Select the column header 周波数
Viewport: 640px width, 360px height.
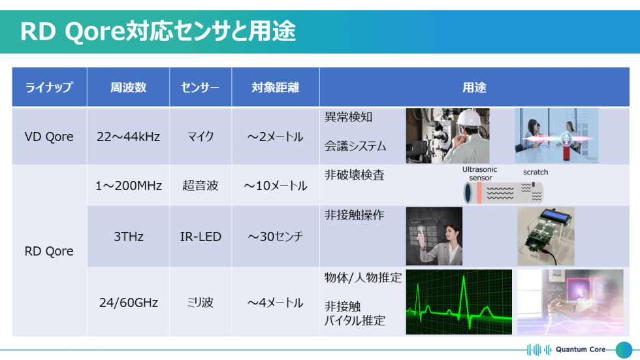128,88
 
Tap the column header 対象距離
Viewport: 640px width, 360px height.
275,88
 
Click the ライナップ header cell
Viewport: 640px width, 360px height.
49,88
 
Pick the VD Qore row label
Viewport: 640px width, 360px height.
49,137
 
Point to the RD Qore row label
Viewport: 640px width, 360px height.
49,251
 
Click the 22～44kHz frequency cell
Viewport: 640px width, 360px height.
128,137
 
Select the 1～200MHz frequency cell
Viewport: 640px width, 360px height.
128,186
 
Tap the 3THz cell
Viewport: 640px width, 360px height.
128,237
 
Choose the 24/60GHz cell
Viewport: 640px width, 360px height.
128,303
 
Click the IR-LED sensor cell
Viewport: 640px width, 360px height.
200,237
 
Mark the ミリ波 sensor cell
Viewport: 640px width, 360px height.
200,303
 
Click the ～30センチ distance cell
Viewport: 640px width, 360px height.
275,237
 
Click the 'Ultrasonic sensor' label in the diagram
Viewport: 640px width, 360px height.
479,173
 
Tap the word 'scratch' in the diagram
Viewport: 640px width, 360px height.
536,172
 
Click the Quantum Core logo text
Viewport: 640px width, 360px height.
580,349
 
